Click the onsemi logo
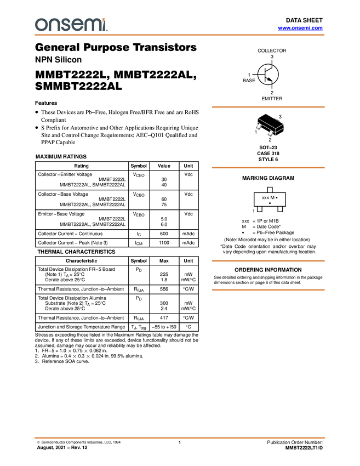(x=71, y=25)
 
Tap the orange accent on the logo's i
(x=105, y=19)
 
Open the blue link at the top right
(x=300, y=27)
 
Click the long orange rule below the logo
(x=180, y=35)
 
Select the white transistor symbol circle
(x=268, y=75)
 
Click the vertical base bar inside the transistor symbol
(x=265, y=75)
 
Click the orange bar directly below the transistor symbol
(x=268, y=107)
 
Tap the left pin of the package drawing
(x=259, y=127)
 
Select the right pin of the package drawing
(x=271, y=133)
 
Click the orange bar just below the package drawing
(x=268, y=168)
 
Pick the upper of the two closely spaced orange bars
(x=268, y=261)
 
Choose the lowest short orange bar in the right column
(x=268, y=290)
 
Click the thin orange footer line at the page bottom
(x=180, y=437)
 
